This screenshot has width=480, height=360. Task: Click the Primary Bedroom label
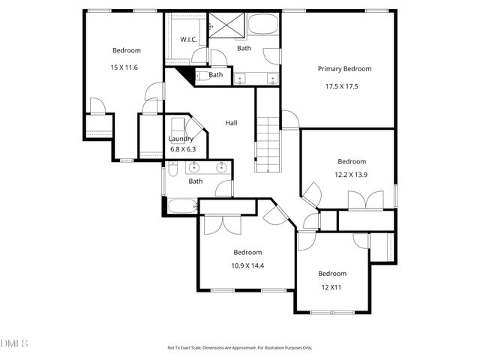[x=344, y=69]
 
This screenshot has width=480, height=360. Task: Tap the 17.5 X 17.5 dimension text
[x=341, y=86]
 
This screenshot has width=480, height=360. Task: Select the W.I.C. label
[x=188, y=40]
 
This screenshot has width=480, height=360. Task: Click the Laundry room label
[x=181, y=139]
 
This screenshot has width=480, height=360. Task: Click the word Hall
[x=232, y=123]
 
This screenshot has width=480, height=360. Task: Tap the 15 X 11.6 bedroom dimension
[x=124, y=68]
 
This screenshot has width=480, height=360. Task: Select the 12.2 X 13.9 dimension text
[x=351, y=174]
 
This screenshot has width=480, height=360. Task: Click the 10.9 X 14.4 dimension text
[x=247, y=265]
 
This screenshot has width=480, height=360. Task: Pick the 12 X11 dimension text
[x=331, y=286]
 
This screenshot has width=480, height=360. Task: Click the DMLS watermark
[x=14, y=343]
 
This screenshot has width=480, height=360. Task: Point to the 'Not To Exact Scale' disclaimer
[x=239, y=348]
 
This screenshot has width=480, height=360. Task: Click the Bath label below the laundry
[x=195, y=181]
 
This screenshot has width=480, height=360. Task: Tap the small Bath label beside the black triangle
[x=216, y=75]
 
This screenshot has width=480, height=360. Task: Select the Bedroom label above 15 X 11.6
[x=126, y=50]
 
